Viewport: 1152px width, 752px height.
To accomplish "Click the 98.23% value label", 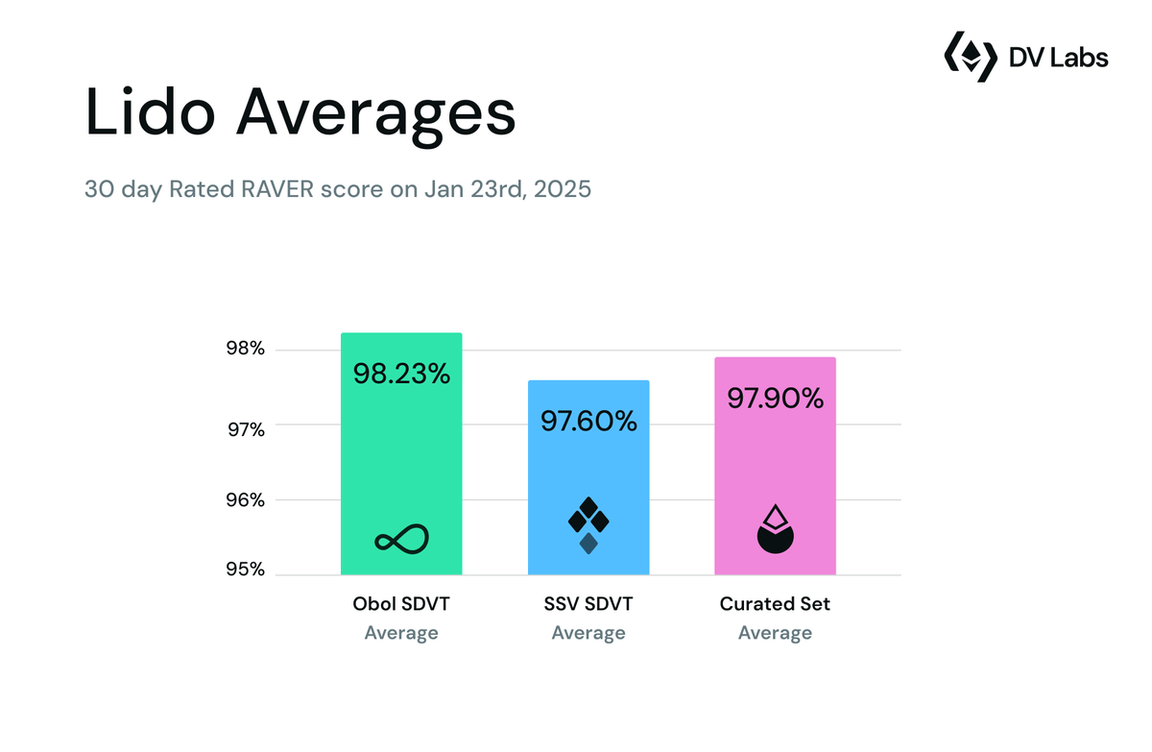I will click(401, 374).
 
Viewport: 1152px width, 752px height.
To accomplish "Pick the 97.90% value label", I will click(775, 398).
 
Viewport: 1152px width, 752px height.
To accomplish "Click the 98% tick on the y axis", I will click(245, 351).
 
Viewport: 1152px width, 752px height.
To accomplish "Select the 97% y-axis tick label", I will click(245, 428).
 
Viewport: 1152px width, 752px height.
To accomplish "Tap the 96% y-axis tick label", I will click(245, 500).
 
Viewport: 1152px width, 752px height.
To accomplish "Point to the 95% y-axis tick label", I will click(245, 570).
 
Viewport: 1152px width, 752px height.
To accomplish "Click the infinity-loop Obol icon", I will click(401, 540).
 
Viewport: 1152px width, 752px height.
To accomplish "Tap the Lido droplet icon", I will click(775, 529).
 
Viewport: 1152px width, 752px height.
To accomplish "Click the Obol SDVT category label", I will click(401, 604).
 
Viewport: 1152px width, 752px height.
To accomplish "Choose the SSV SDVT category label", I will click(588, 604).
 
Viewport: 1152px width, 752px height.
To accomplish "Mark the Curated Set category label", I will click(775, 604).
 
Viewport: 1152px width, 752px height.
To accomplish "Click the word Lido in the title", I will click(150, 112).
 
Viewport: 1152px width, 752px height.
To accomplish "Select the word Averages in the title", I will click(376, 112).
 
